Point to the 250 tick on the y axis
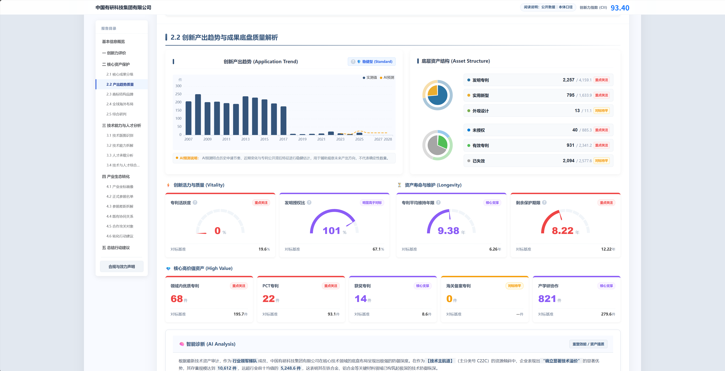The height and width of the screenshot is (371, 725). (178, 94)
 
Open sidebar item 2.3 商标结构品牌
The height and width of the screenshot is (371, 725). (120, 94)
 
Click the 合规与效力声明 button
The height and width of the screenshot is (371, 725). (122, 266)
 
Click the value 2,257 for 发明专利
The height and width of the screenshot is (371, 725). (569, 80)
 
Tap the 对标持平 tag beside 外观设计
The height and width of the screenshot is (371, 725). (601, 111)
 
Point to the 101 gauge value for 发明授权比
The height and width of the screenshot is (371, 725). (331, 231)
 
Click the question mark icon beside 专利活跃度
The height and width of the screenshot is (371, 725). (195, 203)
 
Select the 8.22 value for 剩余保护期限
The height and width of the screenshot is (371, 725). (562, 231)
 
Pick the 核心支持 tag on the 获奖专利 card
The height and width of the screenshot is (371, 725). (422, 286)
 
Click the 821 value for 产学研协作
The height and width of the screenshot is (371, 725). (547, 299)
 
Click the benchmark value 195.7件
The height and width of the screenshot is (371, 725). (241, 314)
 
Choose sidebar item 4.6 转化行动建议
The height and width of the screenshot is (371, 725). (120, 236)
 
